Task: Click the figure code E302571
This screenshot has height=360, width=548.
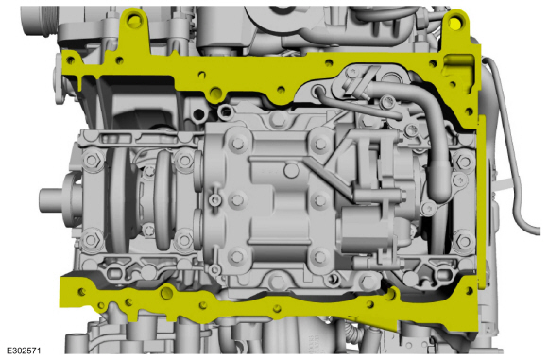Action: click(25, 351)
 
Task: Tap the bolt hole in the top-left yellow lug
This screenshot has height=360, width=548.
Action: click(133, 21)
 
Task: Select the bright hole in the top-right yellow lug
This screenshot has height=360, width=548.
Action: click(455, 23)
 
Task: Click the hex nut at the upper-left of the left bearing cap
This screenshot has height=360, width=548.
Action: click(92, 161)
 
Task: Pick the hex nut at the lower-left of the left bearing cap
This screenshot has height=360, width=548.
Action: click(91, 240)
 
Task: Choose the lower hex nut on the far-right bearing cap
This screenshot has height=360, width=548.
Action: click(464, 241)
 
